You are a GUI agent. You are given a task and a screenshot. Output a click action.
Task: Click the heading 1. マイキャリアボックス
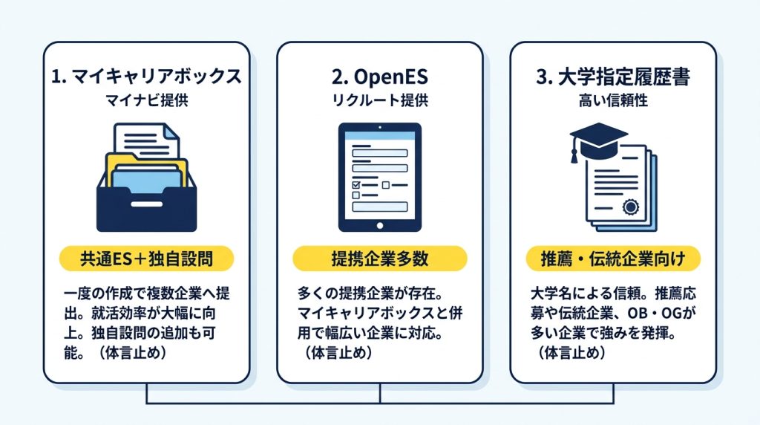point(146,77)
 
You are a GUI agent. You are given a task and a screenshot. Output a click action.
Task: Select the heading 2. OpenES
point(380,77)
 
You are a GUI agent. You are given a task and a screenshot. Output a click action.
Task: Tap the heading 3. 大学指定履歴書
point(613,77)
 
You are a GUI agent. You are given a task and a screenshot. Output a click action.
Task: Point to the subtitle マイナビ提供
point(146,100)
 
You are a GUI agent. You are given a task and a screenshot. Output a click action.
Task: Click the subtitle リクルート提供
point(380,100)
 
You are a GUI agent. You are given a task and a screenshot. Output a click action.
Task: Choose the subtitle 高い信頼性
point(613,100)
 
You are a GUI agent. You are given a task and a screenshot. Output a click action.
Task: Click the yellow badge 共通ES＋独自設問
point(146,259)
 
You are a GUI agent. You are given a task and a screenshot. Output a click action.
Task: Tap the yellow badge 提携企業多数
point(380,259)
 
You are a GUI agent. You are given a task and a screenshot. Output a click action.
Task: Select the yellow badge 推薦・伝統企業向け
point(613,259)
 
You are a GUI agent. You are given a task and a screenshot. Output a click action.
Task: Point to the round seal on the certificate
point(631,207)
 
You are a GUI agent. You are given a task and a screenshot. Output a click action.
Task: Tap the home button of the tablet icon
point(380,226)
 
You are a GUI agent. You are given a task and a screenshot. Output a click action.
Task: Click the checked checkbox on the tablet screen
point(356,185)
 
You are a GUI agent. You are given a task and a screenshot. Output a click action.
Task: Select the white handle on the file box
point(147,204)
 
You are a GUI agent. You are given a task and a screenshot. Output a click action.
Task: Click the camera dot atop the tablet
point(380,128)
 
